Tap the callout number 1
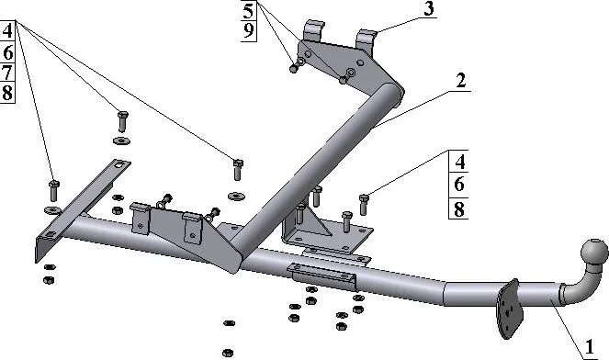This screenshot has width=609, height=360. [590, 347]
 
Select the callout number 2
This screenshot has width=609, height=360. [460, 81]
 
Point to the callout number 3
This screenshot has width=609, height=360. [429, 9]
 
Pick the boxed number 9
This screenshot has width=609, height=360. [249, 30]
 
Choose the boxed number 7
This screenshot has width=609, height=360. [7, 73]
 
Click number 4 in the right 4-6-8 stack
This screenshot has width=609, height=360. [459, 161]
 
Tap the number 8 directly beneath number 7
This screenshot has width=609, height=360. [7, 93]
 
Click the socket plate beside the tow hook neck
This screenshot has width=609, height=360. [508, 309]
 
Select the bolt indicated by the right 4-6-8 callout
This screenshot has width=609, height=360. [364, 204]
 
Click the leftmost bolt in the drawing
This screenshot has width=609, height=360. [53, 191]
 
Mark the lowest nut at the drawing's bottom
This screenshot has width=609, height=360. [228, 353]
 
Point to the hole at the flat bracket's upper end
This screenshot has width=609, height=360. [121, 164]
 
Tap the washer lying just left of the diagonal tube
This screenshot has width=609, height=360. [236, 196]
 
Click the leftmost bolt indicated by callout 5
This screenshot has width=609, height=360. [294, 69]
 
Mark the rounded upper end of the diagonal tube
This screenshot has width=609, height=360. [395, 93]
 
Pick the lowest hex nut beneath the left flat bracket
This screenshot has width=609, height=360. [49, 280]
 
